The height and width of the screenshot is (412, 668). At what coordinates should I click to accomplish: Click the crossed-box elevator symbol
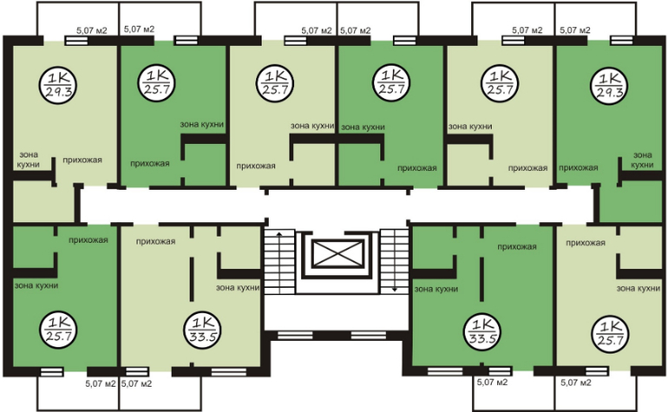pos(337,253)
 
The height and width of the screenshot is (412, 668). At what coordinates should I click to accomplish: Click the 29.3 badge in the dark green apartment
pos(610,85)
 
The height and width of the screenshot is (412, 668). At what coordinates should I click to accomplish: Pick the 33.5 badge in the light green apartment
pos(202,330)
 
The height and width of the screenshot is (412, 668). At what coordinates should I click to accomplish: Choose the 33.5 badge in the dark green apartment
pos(481,331)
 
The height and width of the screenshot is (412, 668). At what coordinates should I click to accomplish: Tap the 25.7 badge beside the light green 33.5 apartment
pos(58,330)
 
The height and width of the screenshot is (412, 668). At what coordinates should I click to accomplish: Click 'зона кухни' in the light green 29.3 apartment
pos(29,160)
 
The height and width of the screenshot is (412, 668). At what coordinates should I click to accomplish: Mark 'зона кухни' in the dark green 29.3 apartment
pos(643,160)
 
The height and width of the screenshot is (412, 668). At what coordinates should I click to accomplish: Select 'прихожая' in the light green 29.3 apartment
pos(82,160)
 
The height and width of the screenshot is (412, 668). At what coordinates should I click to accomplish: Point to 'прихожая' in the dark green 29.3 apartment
pos(578,168)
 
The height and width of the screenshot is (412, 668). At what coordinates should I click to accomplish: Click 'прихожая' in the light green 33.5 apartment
pos(155,242)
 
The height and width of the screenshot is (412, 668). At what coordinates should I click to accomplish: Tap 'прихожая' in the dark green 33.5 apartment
pos(517,246)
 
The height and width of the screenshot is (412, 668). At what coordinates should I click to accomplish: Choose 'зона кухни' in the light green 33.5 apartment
pos(238,288)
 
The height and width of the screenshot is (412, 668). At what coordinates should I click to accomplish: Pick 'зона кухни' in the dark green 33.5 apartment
pos(436,290)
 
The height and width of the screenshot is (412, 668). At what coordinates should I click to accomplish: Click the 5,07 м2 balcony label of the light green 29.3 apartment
pos(92,30)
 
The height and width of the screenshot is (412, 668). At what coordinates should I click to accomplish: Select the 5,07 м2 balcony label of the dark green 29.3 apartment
pos(574,30)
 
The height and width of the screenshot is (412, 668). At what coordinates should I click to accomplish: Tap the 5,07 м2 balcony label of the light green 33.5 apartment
pos(136,383)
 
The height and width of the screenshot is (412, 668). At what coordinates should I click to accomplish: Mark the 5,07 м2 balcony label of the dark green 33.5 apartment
pos(492,383)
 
